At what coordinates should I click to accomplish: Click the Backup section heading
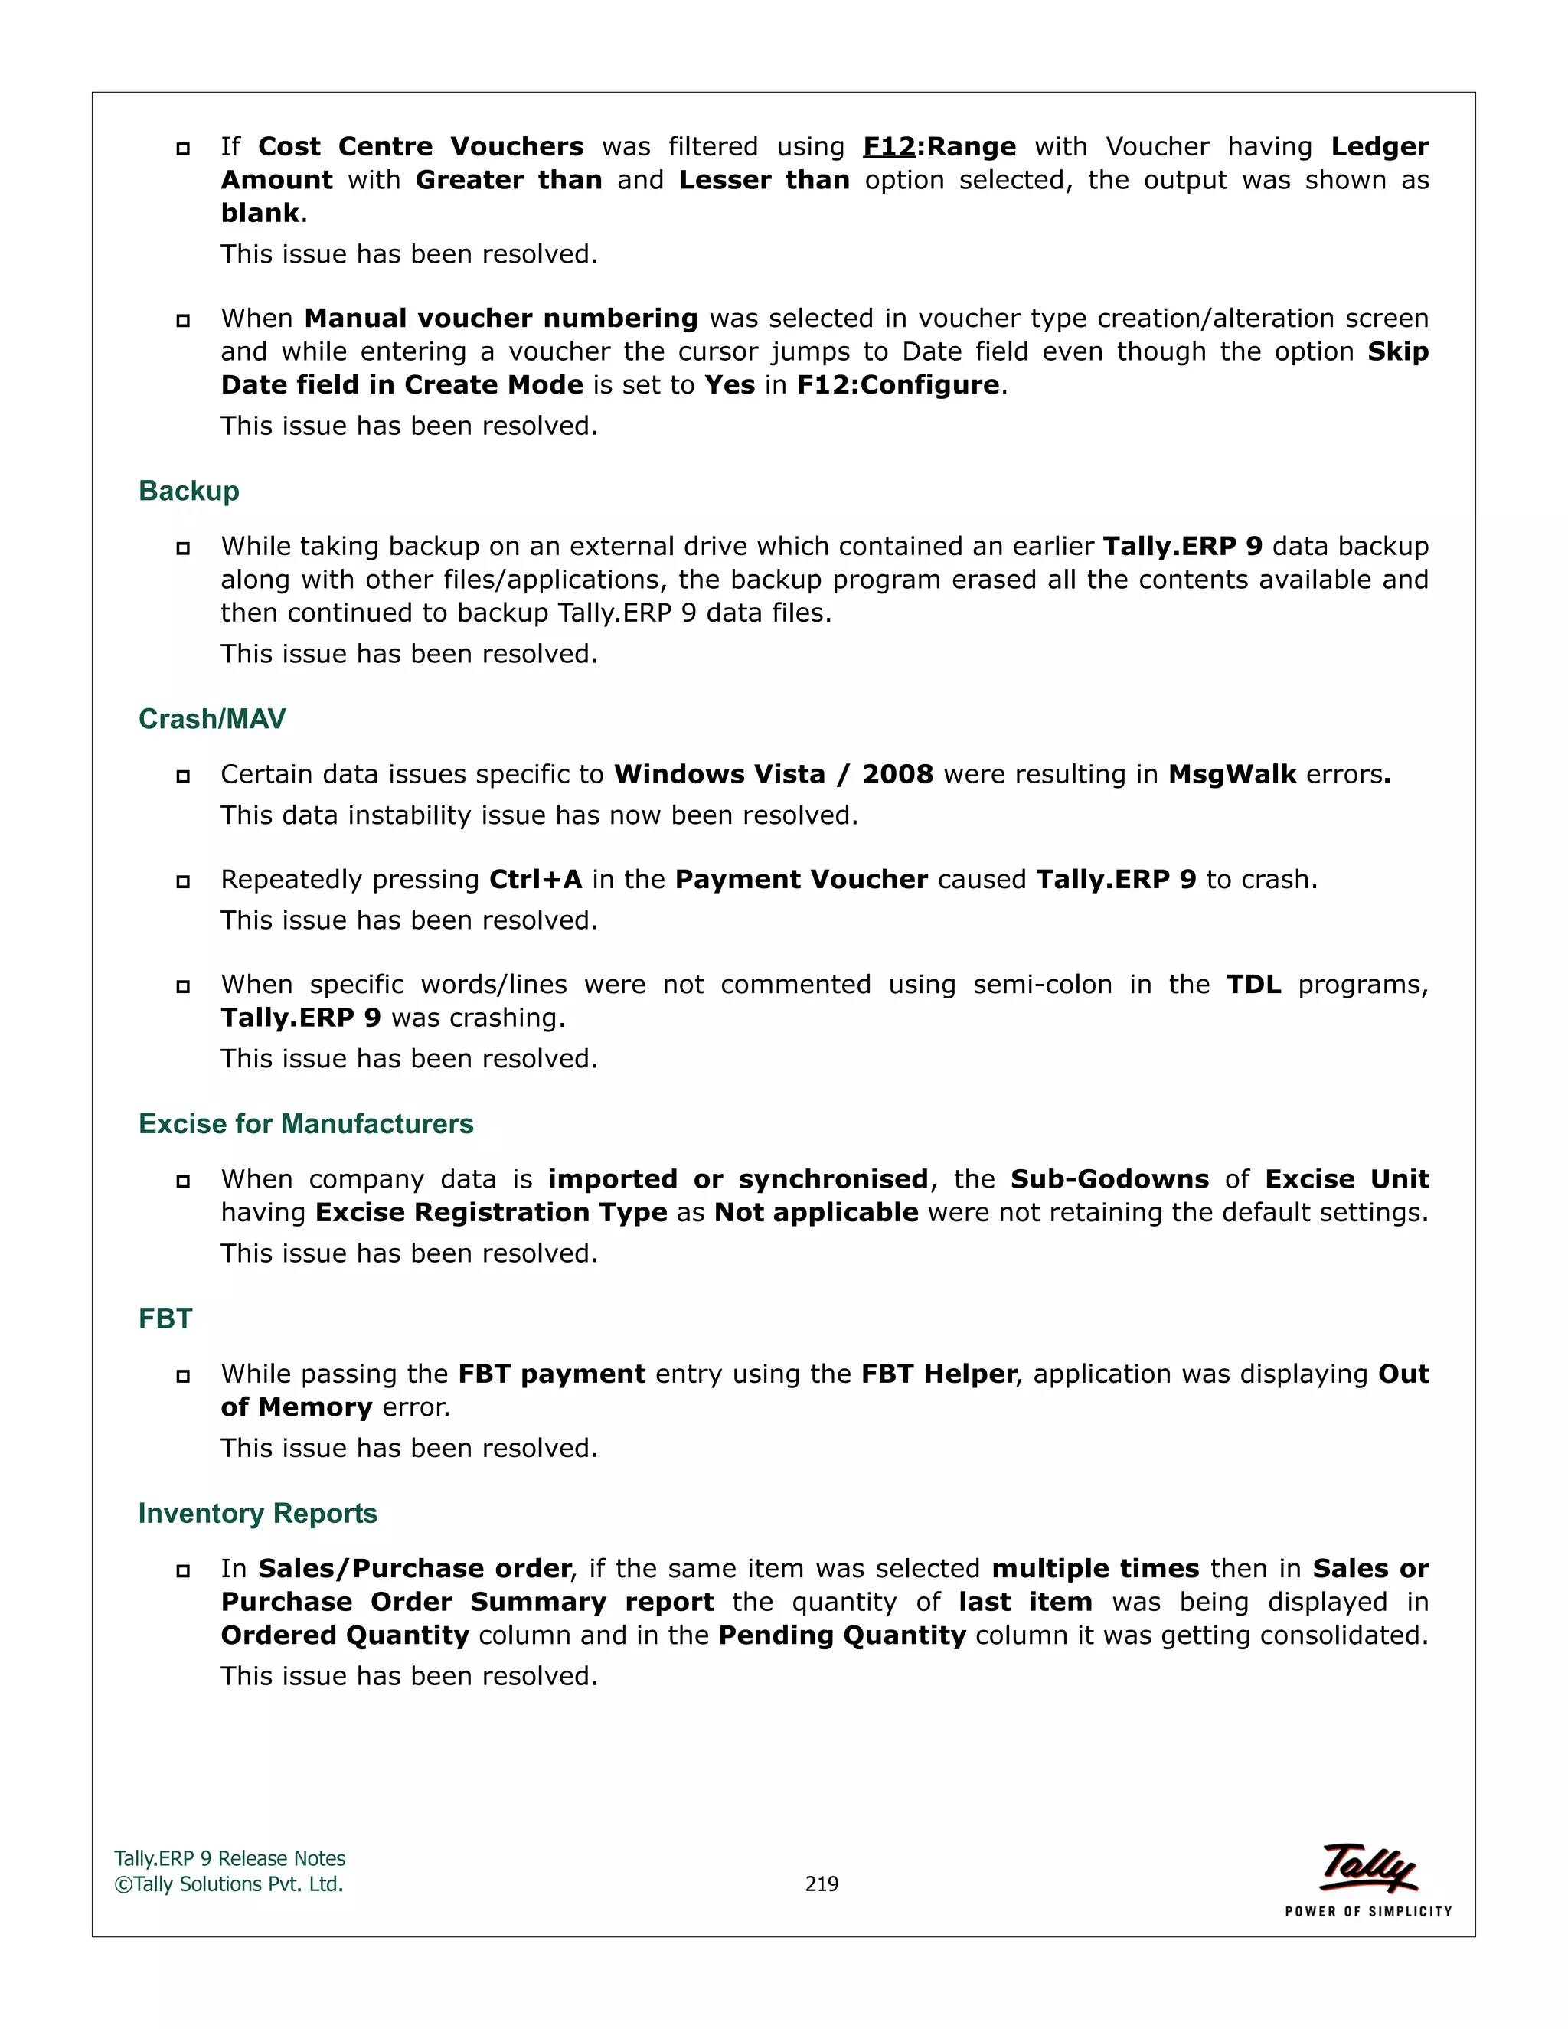click(188, 491)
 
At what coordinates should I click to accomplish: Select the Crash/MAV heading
click(212, 718)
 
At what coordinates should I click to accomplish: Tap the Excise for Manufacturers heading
click(305, 1123)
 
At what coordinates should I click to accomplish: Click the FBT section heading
click(165, 1318)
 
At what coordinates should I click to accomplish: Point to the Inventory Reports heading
click(257, 1514)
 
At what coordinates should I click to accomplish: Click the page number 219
click(822, 1884)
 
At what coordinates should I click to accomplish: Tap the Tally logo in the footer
click(1367, 1867)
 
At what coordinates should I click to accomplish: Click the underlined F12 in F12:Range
click(888, 147)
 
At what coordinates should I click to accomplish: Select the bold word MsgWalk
click(1232, 774)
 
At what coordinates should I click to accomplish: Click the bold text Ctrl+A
click(535, 879)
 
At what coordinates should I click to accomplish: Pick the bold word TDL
click(1253, 984)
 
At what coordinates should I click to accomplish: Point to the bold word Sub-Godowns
click(1109, 1179)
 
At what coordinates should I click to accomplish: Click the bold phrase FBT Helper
click(938, 1374)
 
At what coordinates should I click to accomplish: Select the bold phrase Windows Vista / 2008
click(773, 774)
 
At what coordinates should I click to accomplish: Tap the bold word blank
click(260, 214)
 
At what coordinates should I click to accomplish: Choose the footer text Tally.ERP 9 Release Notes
click(230, 1858)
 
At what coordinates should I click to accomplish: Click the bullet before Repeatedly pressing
click(183, 881)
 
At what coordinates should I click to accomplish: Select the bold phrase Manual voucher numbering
click(501, 319)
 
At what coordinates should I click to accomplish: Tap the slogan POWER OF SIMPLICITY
click(1367, 1911)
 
